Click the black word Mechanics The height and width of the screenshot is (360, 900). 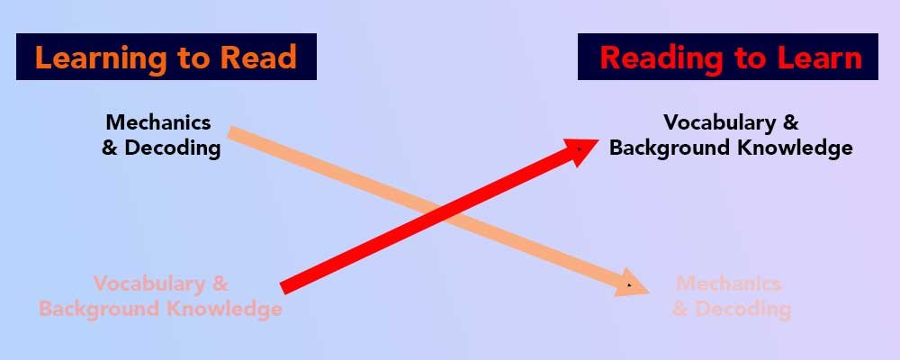coord(158,121)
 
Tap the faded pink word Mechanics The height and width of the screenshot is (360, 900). coord(728,284)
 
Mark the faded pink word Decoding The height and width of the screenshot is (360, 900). coord(742,310)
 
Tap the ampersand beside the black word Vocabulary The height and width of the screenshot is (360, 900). coord(790,121)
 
